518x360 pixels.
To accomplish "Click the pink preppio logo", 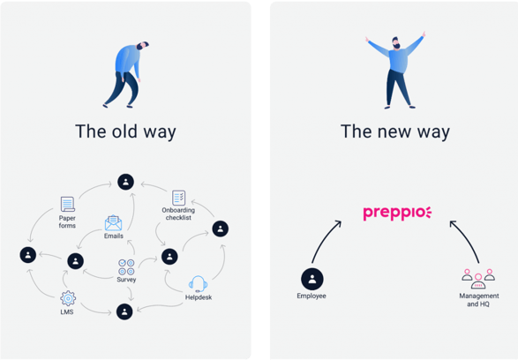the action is (x=397, y=214).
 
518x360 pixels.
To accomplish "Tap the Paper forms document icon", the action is (x=68, y=204).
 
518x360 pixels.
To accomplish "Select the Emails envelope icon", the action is (x=113, y=223).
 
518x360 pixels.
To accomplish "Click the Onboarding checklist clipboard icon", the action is (x=179, y=198).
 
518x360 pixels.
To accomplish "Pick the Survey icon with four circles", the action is (x=126, y=267).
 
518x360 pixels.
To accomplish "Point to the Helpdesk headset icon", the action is (x=198, y=284).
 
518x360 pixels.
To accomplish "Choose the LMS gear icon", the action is (x=68, y=298).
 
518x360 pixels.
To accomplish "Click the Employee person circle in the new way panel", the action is (x=312, y=279).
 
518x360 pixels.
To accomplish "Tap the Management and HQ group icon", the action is (x=478, y=279).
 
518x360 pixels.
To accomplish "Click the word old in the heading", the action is (x=124, y=131).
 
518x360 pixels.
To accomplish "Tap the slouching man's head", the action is (x=143, y=46).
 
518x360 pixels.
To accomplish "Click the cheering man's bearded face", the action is (x=396, y=43).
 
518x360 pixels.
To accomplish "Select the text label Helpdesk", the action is (x=199, y=297).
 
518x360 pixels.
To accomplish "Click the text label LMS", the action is (x=67, y=311).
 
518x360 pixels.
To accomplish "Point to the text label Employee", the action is (x=312, y=296).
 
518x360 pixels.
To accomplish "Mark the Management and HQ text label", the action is (x=478, y=300).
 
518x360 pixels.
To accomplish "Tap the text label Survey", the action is (x=126, y=280).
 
